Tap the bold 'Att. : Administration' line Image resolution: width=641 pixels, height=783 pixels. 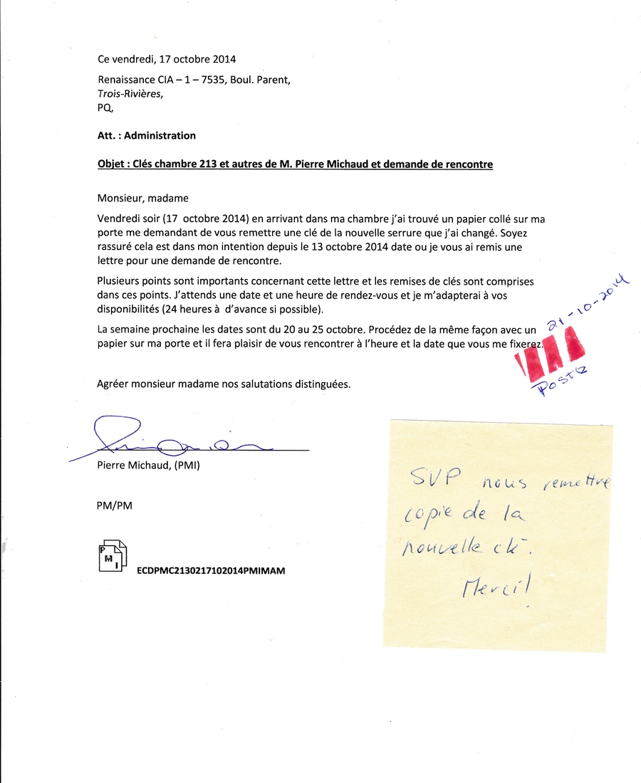(146, 135)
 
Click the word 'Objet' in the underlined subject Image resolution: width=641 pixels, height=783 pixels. (112, 164)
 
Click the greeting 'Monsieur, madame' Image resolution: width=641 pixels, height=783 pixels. (142, 198)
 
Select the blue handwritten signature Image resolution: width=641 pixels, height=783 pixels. (171, 440)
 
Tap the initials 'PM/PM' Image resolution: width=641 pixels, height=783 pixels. (114, 506)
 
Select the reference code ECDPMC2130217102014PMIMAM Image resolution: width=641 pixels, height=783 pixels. (211, 571)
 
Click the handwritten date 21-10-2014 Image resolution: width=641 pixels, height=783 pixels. (583, 303)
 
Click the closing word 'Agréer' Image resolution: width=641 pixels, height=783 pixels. (115, 384)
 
